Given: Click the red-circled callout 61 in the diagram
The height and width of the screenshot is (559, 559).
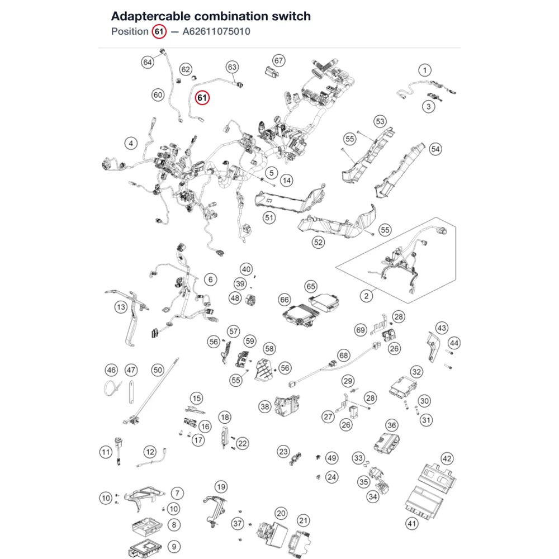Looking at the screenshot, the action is coord(202,98).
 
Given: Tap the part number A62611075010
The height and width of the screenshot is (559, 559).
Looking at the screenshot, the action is coord(216,31).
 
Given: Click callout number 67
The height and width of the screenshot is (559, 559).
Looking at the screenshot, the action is coord(278,60).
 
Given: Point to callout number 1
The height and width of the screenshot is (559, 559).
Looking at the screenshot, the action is coord(425,70).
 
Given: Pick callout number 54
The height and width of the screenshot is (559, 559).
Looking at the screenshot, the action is coord(435,149).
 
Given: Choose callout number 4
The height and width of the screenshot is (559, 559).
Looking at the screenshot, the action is coord(131,143).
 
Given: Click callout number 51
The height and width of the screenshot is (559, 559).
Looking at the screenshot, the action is coord(269,218).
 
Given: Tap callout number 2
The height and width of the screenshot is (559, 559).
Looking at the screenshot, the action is coord(366,296).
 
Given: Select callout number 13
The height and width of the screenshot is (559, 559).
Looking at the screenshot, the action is coord(121,307).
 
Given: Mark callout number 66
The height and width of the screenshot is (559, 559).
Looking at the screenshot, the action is coord(285,300).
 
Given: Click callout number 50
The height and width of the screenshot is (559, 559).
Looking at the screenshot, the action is coord(158,370).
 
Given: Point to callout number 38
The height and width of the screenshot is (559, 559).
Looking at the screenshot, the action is coord(265,407).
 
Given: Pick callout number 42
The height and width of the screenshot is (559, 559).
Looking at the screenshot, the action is coord(447,459).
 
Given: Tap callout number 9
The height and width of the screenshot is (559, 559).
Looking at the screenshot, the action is coord(174,547).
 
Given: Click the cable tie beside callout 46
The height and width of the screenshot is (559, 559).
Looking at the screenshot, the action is coord(112,388).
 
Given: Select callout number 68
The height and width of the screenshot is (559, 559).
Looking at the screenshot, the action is coord(344,356).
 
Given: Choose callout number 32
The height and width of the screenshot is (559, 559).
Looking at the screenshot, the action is coord(416,372).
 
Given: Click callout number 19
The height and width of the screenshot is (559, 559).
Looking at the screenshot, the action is coord(221,487).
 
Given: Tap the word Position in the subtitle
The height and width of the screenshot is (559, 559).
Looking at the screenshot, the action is coord(130,31).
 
